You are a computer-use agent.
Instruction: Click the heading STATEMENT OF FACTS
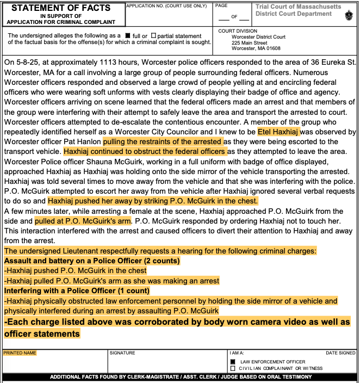pyautogui.click(x=61, y=8)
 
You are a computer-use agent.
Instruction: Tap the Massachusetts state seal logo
pyautogui.click(x=349, y=15)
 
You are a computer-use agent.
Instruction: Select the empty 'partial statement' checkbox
pyautogui.click(x=153, y=36)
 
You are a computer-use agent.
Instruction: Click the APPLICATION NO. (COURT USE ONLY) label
pyautogui.click(x=166, y=5)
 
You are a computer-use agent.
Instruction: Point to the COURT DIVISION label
pyautogui.click(x=238, y=31)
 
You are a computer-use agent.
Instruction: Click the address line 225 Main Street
pyautogui.click(x=249, y=42)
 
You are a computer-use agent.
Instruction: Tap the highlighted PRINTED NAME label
pyautogui.click(x=20, y=353)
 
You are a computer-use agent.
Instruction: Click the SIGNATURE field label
pyautogui.click(x=122, y=353)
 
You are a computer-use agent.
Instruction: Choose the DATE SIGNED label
pyautogui.click(x=340, y=353)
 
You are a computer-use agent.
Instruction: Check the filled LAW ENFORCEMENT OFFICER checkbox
pyautogui.click(x=233, y=362)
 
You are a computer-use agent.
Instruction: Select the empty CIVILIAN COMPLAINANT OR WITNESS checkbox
pyautogui.click(x=233, y=368)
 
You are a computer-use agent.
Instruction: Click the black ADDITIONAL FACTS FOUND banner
pyautogui.click(x=180, y=376)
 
